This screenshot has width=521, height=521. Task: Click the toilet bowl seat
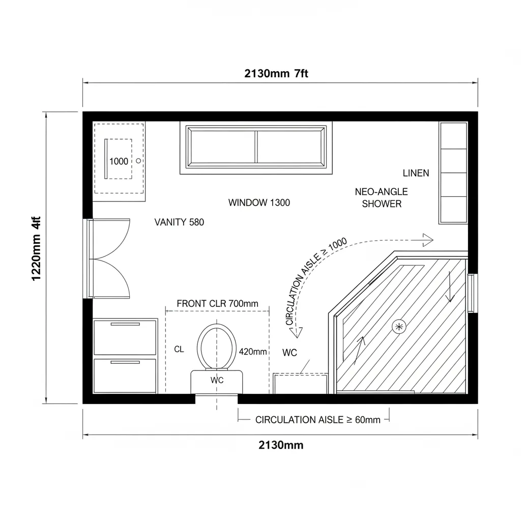click(218, 346)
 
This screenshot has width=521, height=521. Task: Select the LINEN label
click(416, 173)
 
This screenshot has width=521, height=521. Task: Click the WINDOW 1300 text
click(259, 202)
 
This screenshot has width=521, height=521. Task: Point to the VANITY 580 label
click(179, 222)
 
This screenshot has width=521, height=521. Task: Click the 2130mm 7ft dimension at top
click(276, 73)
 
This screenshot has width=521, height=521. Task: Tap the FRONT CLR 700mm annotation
click(217, 304)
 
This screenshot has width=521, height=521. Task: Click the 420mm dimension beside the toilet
click(252, 352)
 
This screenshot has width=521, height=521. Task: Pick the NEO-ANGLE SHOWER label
click(381, 198)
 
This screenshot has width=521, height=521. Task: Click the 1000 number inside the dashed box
click(119, 161)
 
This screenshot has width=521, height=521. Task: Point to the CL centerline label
click(179, 350)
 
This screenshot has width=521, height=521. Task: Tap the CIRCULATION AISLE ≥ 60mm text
click(317, 420)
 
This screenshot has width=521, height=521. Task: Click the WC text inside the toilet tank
click(217, 380)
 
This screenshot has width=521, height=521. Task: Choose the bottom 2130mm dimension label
click(281, 446)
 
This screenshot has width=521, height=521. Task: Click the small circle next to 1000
click(139, 161)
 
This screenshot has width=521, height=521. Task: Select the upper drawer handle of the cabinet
click(125, 324)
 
